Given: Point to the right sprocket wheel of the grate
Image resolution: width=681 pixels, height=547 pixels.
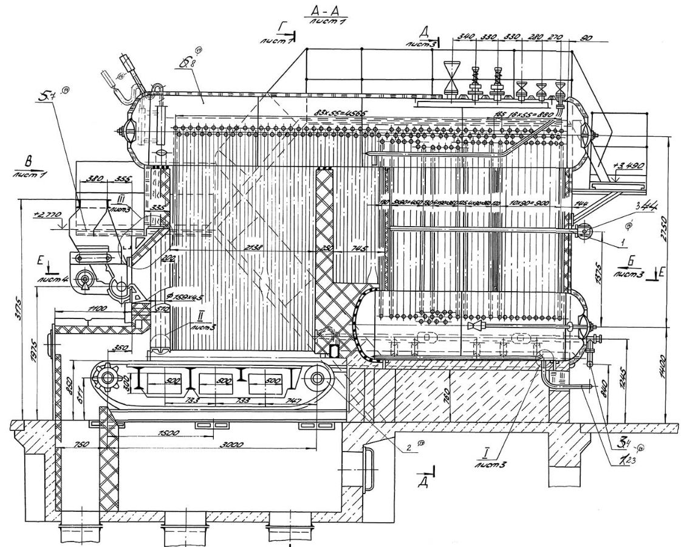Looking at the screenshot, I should pyautogui.click(x=317, y=378).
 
